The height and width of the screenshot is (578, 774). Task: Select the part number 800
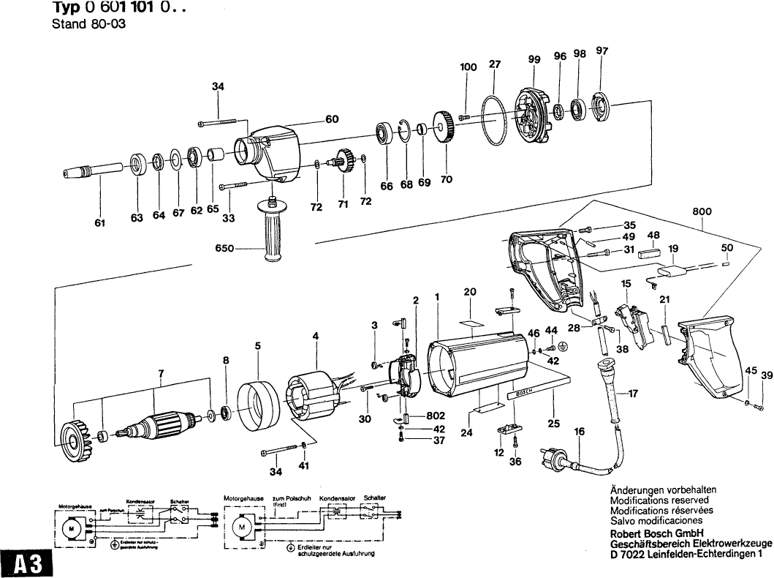(702, 211)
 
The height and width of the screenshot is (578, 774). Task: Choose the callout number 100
(468, 67)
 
